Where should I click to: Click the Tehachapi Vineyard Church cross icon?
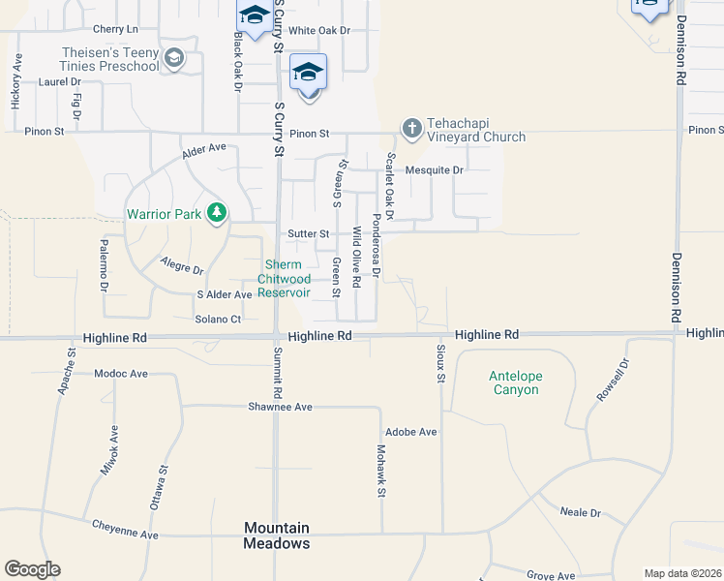click(411, 127)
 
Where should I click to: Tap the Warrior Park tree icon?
click(219, 212)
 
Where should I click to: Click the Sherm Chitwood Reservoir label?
click(284, 279)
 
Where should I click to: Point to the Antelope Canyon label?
click(513, 382)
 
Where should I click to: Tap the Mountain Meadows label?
click(277, 535)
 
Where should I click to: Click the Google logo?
click(32, 568)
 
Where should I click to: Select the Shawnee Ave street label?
click(280, 407)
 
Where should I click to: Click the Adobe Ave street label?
click(411, 431)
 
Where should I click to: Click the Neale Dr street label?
click(581, 512)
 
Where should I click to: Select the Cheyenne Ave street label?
click(125, 530)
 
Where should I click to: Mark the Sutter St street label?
click(309, 233)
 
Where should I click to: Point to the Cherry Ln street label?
click(117, 30)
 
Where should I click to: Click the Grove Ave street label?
click(552, 575)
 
